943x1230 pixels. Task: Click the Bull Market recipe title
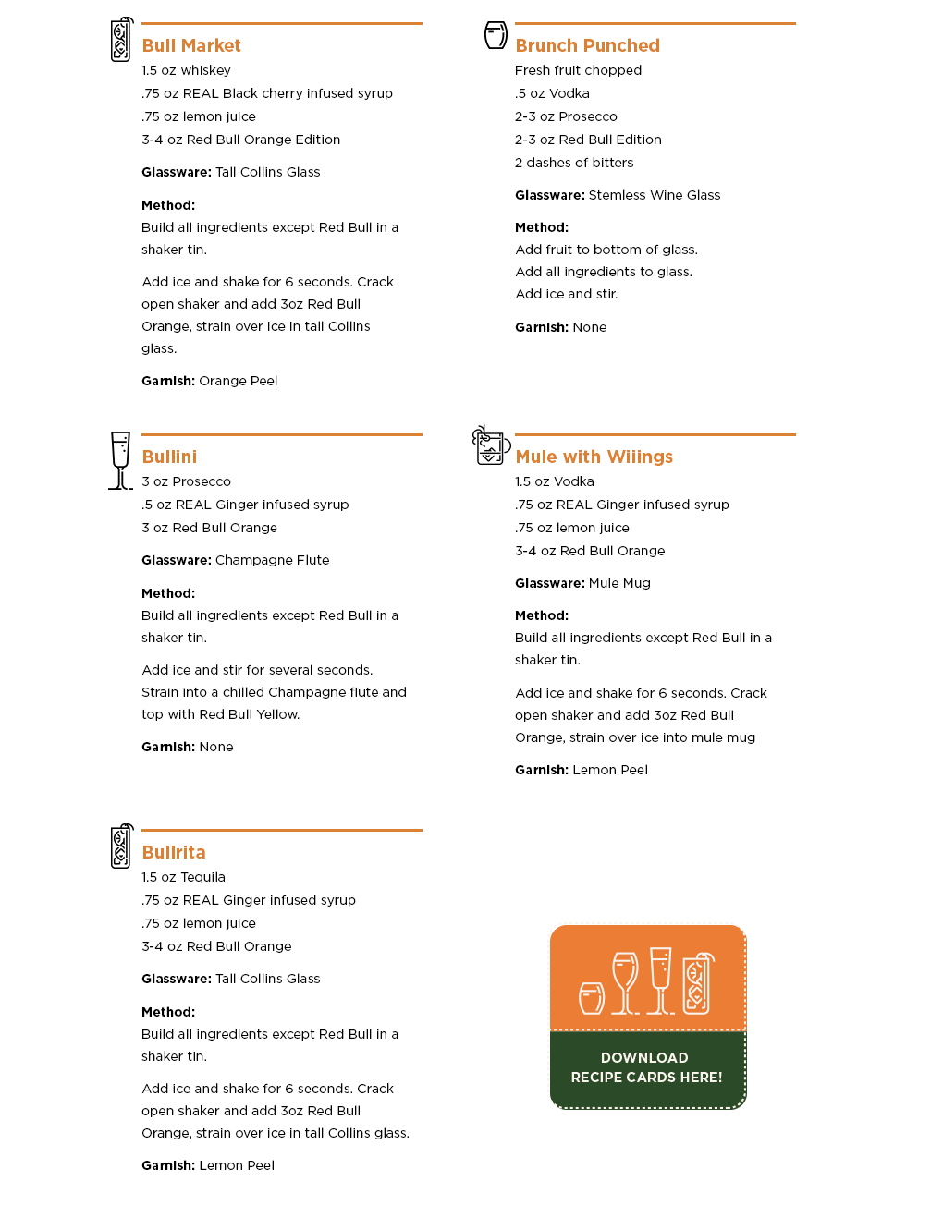point(191,45)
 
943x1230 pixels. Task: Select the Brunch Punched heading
point(587,45)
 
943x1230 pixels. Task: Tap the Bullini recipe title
point(169,457)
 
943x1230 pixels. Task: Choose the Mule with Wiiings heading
point(594,457)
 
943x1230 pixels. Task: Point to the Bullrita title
point(174,852)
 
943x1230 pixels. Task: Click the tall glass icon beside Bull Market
point(121,40)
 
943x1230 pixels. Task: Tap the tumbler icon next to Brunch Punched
point(496,35)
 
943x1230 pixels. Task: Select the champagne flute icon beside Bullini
point(120,459)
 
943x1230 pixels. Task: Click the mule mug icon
point(490,445)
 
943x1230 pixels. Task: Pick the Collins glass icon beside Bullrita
point(121,846)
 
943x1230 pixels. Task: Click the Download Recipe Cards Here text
point(646,1067)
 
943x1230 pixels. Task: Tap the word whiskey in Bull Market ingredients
point(205,70)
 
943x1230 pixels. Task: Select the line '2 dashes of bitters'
point(574,163)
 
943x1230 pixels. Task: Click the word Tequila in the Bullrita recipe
point(202,877)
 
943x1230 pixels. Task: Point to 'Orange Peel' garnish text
point(238,381)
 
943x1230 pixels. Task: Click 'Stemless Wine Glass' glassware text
point(654,195)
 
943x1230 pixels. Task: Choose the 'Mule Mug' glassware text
point(619,583)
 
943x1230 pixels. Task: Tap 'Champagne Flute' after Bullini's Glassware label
point(272,560)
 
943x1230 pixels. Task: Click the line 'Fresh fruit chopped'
point(578,70)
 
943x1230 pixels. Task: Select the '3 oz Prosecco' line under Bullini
point(186,481)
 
